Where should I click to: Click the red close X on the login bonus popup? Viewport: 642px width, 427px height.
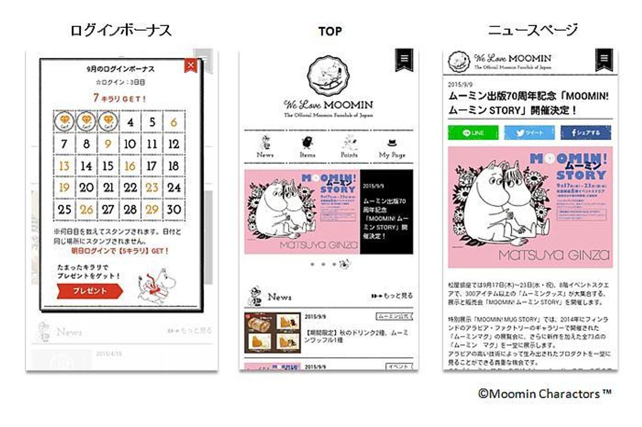coord(191,65)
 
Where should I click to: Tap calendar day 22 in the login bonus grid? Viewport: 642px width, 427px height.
coord(130,188)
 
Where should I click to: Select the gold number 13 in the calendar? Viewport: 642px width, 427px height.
coord(64,166)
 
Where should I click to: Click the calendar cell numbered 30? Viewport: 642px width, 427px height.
coord(174,209)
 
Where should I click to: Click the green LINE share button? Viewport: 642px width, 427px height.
coord(473,133)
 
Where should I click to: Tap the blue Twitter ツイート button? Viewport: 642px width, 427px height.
coord(529,133)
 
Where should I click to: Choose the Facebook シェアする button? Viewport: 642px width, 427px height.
coord(585,133)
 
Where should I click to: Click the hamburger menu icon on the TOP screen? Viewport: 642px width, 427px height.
coord(404,59)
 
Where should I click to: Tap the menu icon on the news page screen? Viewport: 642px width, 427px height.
coord(604,59)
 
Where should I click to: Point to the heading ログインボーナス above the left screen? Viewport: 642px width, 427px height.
coord(121,31)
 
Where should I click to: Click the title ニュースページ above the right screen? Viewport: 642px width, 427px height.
coord(532,31)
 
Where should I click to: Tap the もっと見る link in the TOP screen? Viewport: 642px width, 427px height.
coord(392,296)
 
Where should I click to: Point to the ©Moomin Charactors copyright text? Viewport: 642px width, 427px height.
coord(544,394)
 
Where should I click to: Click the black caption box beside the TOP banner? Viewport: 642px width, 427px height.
coord(386,212)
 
